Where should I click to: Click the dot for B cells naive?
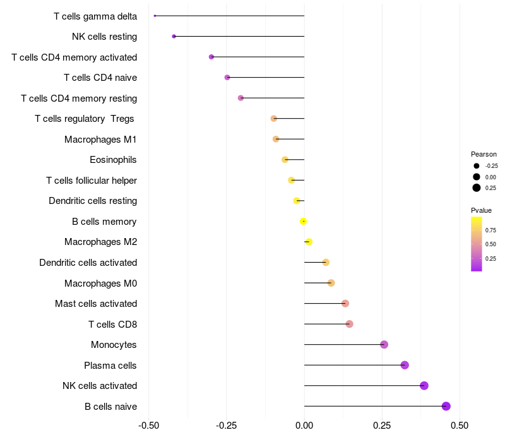pos(446,406)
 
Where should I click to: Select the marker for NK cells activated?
pos(424,386)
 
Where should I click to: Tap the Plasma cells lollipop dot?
pos(405,365)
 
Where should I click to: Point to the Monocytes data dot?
pos(384,344)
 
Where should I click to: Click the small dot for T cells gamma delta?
pos(155,16)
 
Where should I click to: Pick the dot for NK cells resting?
pos(174,37)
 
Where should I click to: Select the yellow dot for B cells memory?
pos(303,221)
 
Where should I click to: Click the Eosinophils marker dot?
pos(285,160)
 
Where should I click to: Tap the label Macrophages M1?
pos(100,139)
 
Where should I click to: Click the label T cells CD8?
pos(112,325)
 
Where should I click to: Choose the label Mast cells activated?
pos(96,304)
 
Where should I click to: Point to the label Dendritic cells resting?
pos(93,201)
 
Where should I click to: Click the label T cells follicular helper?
pos(92,181)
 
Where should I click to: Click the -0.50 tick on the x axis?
pos(148,425)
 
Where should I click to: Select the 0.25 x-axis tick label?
pos(382,425)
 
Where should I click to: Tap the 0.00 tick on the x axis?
pos(304,425)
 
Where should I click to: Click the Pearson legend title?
pos(484,154)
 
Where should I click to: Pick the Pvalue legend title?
pos(481,210)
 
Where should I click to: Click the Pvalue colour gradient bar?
pos(477,244)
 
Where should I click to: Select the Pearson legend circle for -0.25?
pos(477,165)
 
